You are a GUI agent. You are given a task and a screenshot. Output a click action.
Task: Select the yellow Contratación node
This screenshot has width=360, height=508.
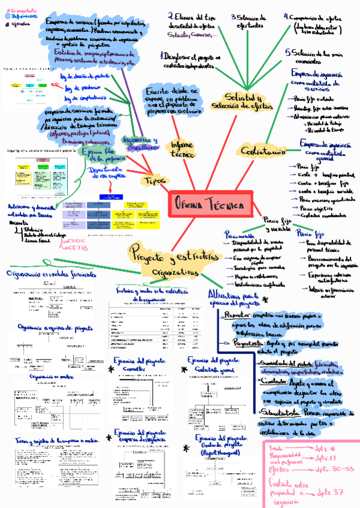(x=262, y=152)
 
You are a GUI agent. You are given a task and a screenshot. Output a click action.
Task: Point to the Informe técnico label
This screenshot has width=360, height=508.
(x=182, y=149)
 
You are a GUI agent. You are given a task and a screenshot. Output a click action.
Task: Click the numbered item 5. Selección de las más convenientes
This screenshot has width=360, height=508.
(x=314, y=56)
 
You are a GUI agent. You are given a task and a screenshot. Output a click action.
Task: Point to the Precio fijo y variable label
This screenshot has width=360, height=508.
(x=274, y=225)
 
